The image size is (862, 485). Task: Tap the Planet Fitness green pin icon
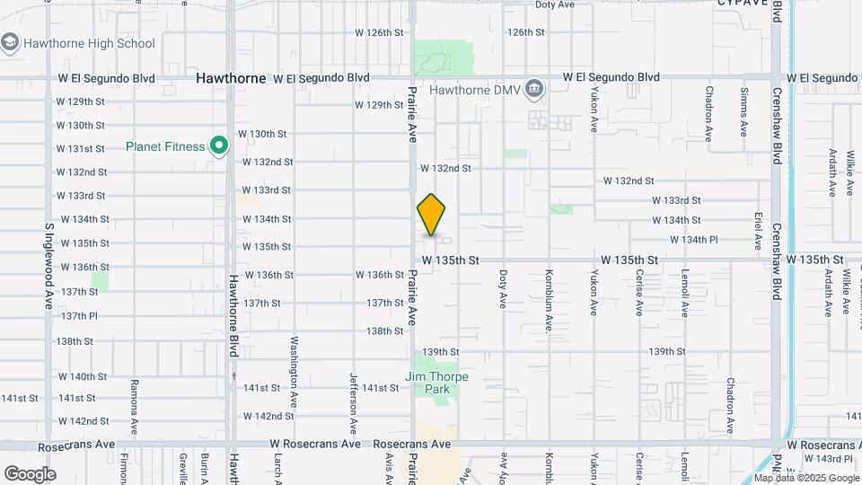click(x=218, y=145)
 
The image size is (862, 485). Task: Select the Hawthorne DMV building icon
click(x=535, y=89)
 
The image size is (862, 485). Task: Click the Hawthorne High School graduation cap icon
click(x=11, y=43)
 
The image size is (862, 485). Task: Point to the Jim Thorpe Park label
click(x=436, y=384)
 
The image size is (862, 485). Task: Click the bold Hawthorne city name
click(x=232, y=78)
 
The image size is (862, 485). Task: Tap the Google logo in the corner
click(x=30, y=474)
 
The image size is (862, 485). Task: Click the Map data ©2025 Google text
click(x=807, y=478)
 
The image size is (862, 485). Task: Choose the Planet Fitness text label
click(x=165, y=145)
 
